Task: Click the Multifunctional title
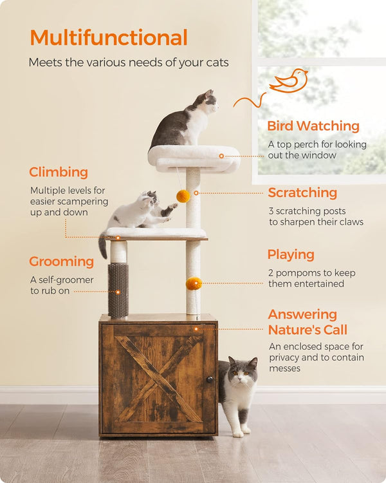(108, 37)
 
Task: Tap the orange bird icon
(289, 80)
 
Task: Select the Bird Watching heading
(313, 126)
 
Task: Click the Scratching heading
(302, 193)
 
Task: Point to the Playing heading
(291, 254)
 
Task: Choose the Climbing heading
(59, 172)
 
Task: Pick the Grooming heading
(61, 261)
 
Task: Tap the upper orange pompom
(183, 196)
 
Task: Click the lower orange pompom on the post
(194, 283)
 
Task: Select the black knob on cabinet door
(210, 380)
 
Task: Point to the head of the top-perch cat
(206, 101)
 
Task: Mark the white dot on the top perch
(221, 156)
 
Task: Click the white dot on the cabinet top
(196, 329)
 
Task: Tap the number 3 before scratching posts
(271, 211)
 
